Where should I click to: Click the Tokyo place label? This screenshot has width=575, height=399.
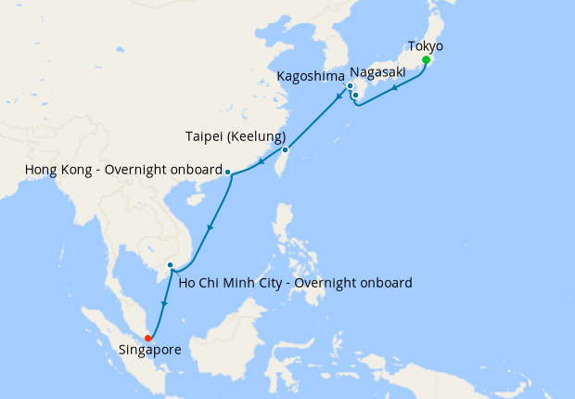426,45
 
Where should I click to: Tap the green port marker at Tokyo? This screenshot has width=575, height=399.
426,60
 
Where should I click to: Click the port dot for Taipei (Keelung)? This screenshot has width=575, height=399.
286,149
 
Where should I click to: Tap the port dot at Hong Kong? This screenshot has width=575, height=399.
227,172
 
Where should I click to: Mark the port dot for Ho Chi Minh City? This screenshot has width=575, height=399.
170,266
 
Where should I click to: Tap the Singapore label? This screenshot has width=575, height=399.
151,350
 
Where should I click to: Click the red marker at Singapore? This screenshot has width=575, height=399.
148,338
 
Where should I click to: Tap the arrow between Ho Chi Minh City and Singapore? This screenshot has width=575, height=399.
163,305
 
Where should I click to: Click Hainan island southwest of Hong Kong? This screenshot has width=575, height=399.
196,199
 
